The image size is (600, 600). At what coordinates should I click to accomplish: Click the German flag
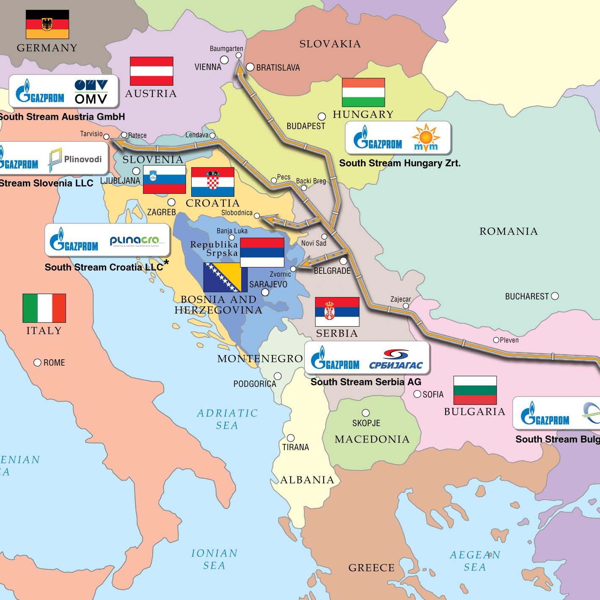pos(47,25)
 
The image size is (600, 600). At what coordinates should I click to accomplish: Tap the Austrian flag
pos(151,71)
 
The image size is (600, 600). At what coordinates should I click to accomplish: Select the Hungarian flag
pos(363,92)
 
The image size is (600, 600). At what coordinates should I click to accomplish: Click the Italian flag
pos(44,308)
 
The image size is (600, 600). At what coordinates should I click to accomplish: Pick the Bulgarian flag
pos(475,390)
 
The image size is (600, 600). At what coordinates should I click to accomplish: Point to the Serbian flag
pos(337,311)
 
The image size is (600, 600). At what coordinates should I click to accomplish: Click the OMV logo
pos(91,92)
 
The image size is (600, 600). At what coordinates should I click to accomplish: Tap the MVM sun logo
pos(426,138)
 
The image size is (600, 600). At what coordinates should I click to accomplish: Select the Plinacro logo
pos(135,241)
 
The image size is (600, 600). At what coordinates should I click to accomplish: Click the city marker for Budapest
pos(322,116)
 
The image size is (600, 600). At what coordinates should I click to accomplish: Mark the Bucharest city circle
pos(555,296)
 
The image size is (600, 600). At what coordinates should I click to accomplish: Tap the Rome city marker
pos(37,363)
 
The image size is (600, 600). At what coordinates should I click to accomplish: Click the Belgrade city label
pos(332,271)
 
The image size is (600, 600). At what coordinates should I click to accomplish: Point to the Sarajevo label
pos(268,284)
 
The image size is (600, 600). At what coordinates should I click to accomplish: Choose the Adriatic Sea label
pos(227,419)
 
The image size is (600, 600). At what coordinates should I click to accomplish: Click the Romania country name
pos(508,231)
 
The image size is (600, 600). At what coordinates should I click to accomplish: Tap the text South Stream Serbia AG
pos(366,382)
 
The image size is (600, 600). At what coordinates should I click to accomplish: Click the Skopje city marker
pos(366,413)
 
